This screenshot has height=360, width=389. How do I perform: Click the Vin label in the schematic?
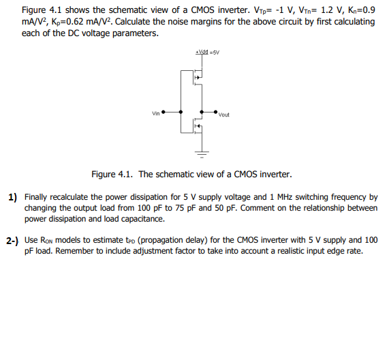tap(156, 113)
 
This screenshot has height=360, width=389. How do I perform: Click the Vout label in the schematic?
tap(224, 115)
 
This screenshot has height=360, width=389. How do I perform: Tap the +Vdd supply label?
tap(201, 52)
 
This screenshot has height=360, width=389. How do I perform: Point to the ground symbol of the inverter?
tap(202, 150)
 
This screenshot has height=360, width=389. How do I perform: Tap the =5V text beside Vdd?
tap(214, 52)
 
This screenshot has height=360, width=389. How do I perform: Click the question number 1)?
tap(13, 198)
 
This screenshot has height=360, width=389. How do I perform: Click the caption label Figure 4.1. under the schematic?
tap(112, 175)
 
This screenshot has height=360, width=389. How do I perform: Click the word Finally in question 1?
tap(37, 197)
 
